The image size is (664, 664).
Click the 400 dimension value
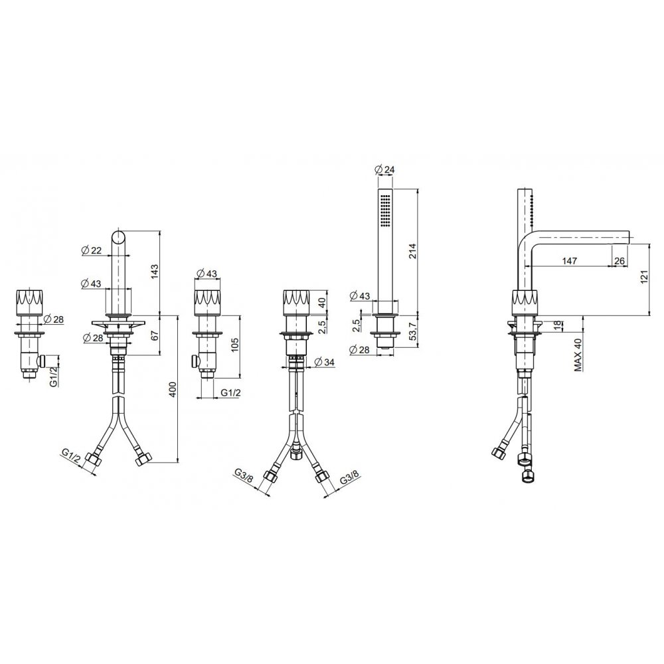[173, 390]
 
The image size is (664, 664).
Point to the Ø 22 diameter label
[91, 251]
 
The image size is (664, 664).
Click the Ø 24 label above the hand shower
[384, 169]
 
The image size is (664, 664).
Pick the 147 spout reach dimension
[570, 261]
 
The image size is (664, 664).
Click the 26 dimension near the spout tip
[619, 261]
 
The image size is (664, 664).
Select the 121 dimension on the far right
[645, 277]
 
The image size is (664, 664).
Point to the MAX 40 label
[578, 355]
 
